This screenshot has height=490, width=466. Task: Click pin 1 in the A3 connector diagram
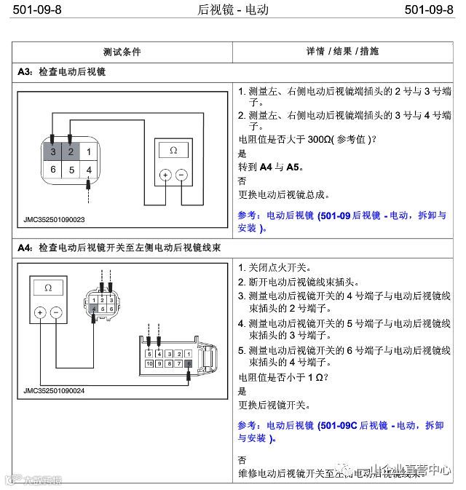tap(88, 152)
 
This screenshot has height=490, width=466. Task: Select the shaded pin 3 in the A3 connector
tap(53, 152)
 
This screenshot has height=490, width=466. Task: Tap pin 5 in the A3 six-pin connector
tap(71, 170)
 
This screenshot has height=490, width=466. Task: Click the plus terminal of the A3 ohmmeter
tap(165, 175)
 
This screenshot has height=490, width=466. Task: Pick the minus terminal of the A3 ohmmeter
tap(182, 175)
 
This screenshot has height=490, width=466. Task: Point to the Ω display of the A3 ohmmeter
tap(173, 150)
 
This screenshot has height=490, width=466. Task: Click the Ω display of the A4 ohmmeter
tap(48, 288)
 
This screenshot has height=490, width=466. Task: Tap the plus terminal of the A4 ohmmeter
tap(39, 312)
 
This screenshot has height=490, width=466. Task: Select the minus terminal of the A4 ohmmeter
tap(56, 312)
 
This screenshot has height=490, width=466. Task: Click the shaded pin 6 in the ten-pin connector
tap(189, 363)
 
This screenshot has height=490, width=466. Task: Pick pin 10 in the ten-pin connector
tap(149, 363)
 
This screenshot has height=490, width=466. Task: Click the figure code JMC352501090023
tap(54, 219)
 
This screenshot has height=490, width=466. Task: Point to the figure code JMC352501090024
tap(54, 391)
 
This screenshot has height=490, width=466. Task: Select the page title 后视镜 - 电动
tap(233, 9)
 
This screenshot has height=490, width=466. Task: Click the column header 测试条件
tap(122, 52)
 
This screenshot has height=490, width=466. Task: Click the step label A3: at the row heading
tap(25, 72)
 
